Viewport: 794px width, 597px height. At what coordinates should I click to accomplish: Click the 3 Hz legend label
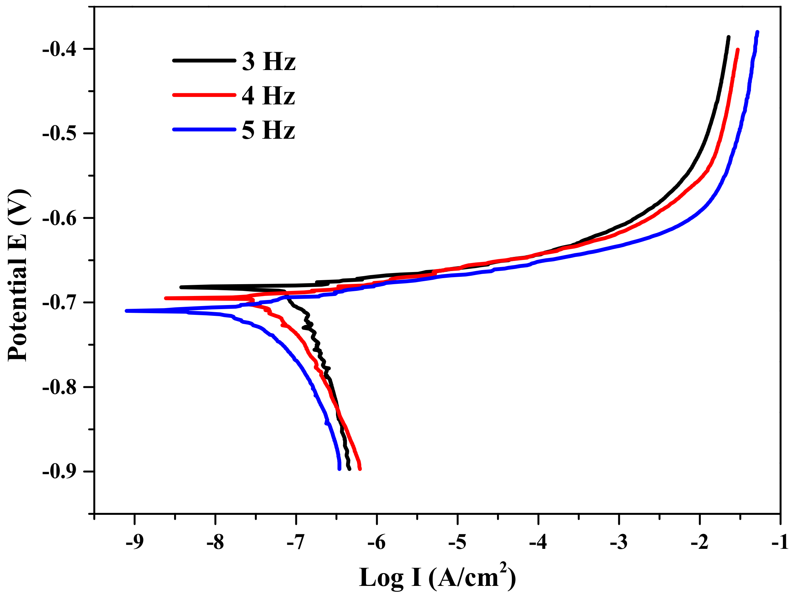tap(268, 61)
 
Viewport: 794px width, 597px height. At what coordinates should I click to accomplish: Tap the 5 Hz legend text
tap(268, 130)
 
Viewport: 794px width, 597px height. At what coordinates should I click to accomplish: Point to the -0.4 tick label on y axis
tap(59, 49)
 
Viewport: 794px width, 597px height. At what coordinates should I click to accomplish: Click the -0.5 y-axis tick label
tap(59, 134)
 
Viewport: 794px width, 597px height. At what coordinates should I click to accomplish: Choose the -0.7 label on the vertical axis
tap(59, 303)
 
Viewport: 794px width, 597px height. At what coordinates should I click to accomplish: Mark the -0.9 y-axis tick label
tap(59, 472)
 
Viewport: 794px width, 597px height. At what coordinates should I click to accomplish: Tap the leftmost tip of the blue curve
tap(126, 311)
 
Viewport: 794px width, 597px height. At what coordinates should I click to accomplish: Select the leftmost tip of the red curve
tap(166, 298)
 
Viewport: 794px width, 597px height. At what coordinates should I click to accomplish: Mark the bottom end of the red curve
tap(360, 469)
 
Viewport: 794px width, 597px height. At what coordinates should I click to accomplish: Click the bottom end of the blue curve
tap(339, 469)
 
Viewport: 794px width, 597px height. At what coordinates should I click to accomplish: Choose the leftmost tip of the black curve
tap(181, 287)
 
